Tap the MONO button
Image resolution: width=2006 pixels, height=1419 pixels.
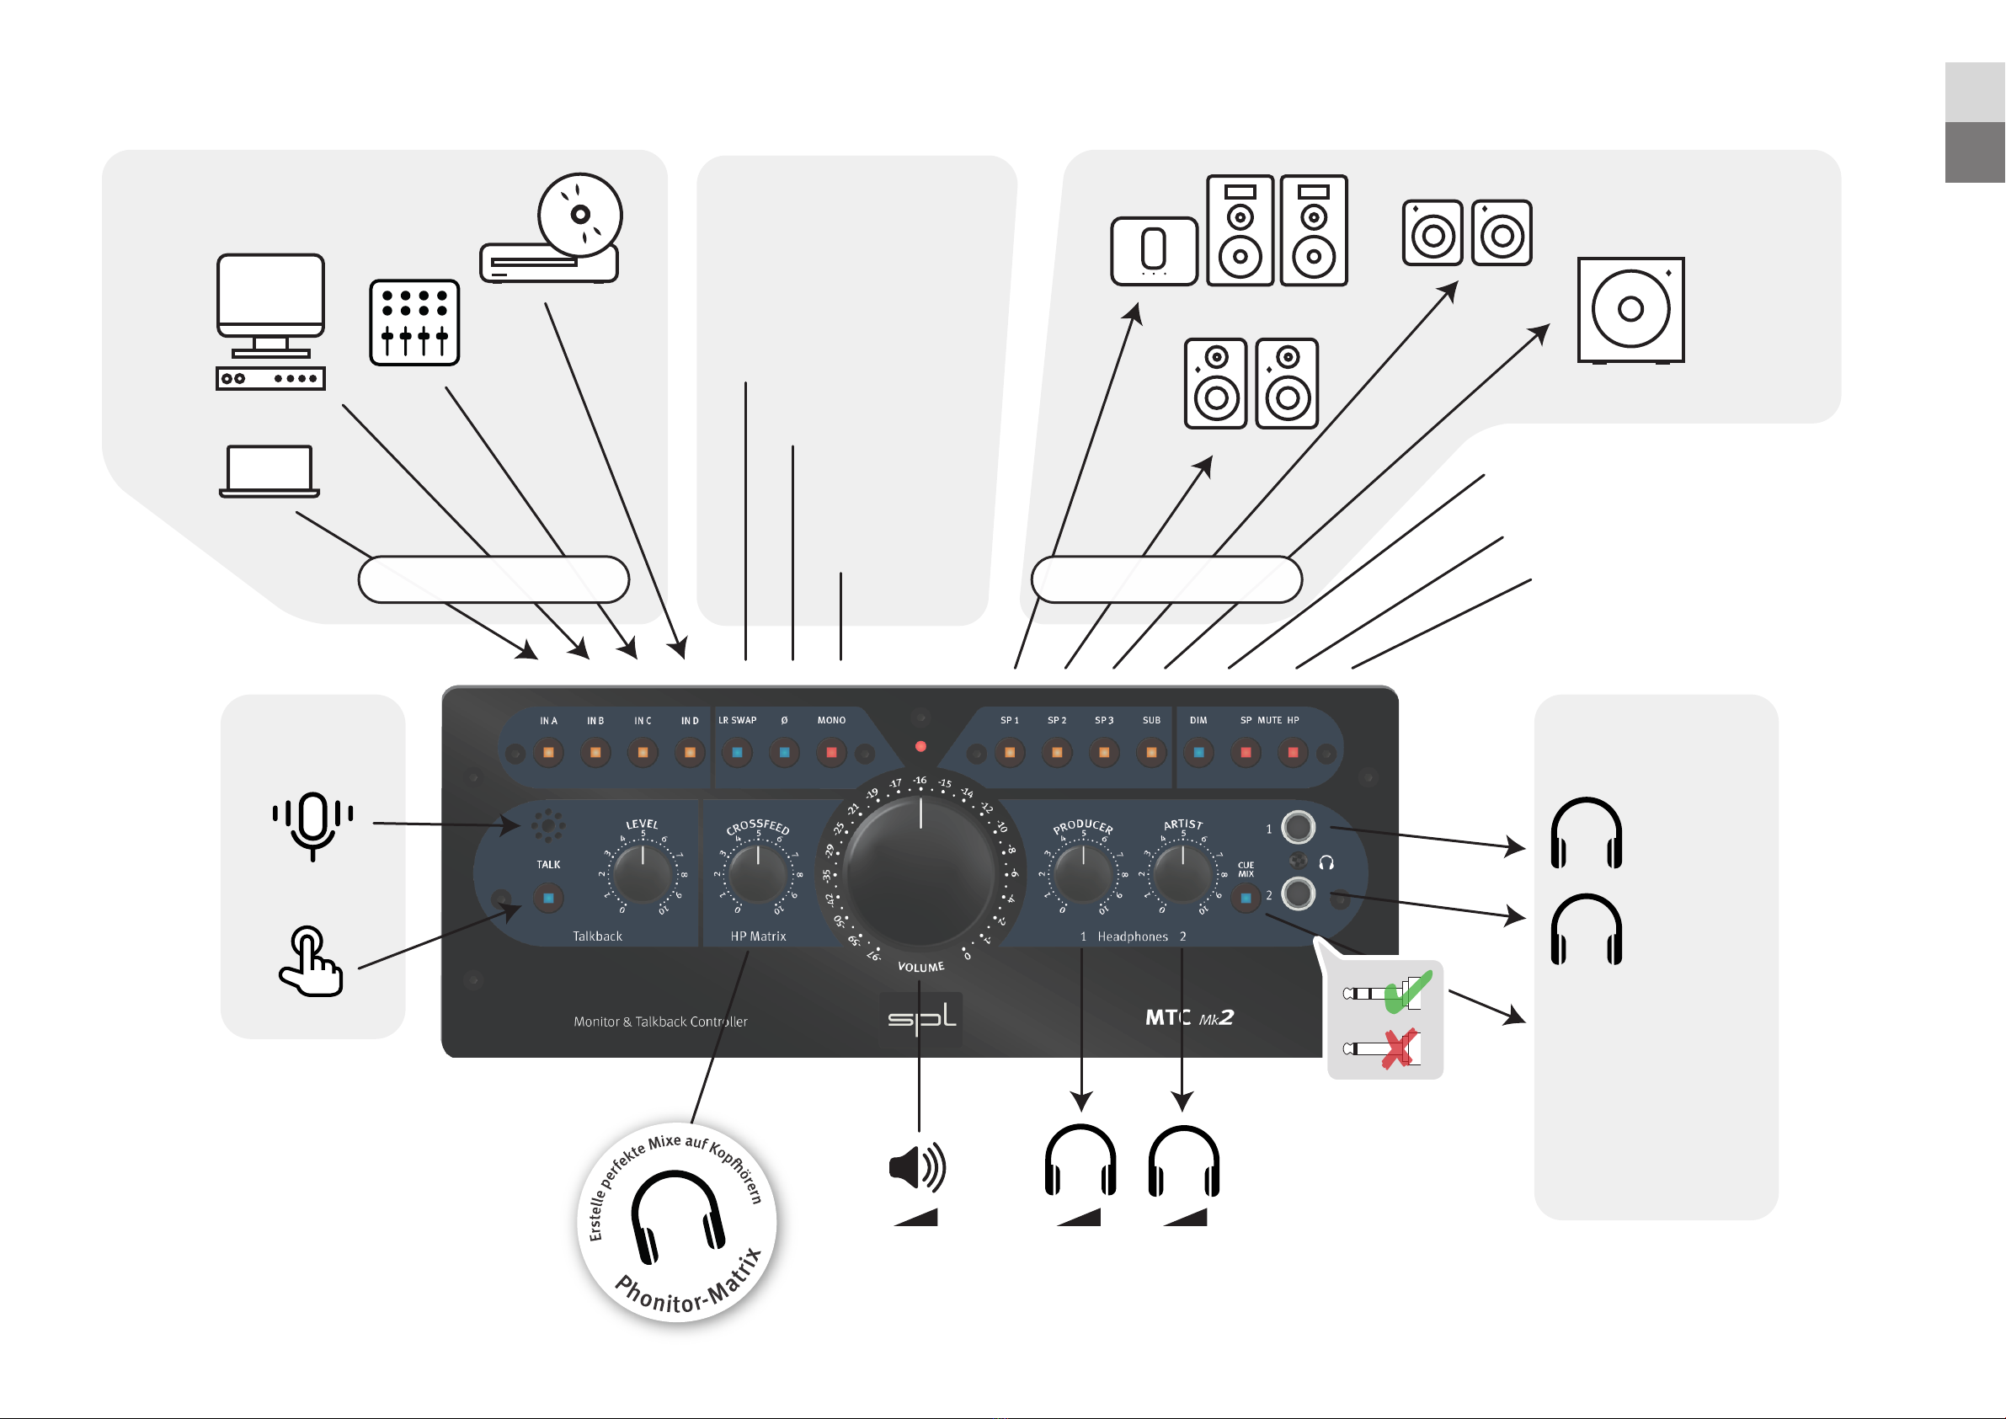[831, 752]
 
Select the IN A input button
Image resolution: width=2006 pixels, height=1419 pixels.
[549, 752]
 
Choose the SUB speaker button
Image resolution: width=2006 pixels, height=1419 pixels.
[1151, 752]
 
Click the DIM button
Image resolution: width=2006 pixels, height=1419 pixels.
[1198, 752]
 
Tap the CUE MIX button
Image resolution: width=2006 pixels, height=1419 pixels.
[1246, 898]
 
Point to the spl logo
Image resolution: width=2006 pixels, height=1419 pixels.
[920, 1019]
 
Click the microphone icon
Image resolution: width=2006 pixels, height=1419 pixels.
[312, 824]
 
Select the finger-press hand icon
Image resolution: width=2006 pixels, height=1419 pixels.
[310, 961]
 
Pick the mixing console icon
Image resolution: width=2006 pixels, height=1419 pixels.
[414, 323]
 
